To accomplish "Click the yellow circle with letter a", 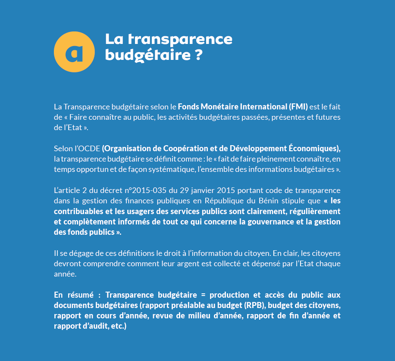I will (74, 52).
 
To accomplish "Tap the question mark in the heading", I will (197, 56).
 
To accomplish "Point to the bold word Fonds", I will (189, 106).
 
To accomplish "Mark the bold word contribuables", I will (77, 212).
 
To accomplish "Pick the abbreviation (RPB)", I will (256, 305).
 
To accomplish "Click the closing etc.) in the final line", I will (118, 326).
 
